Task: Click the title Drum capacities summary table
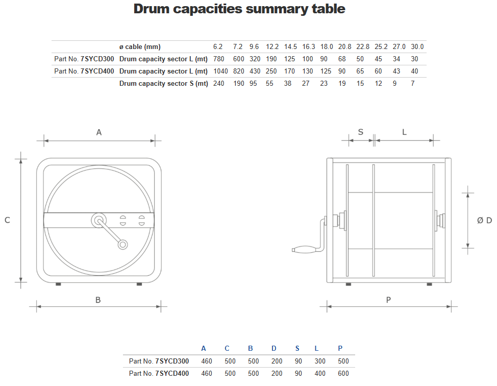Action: click(239, 9)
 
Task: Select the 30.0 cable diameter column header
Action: click(417, 46)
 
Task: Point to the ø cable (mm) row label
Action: click(140, 46)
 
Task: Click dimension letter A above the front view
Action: click(99, 132)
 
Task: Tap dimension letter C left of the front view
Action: click(7, 220)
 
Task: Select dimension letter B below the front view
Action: click(98, 300)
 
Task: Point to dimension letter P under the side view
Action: click(388, 300)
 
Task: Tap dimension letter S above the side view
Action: click(360, 132)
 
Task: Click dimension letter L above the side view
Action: click(404, 132)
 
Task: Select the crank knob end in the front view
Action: click(122, 245)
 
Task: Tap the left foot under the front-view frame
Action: click(58, 284)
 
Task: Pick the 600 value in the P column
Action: click(343, 373)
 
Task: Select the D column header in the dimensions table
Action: click(274, 349)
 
